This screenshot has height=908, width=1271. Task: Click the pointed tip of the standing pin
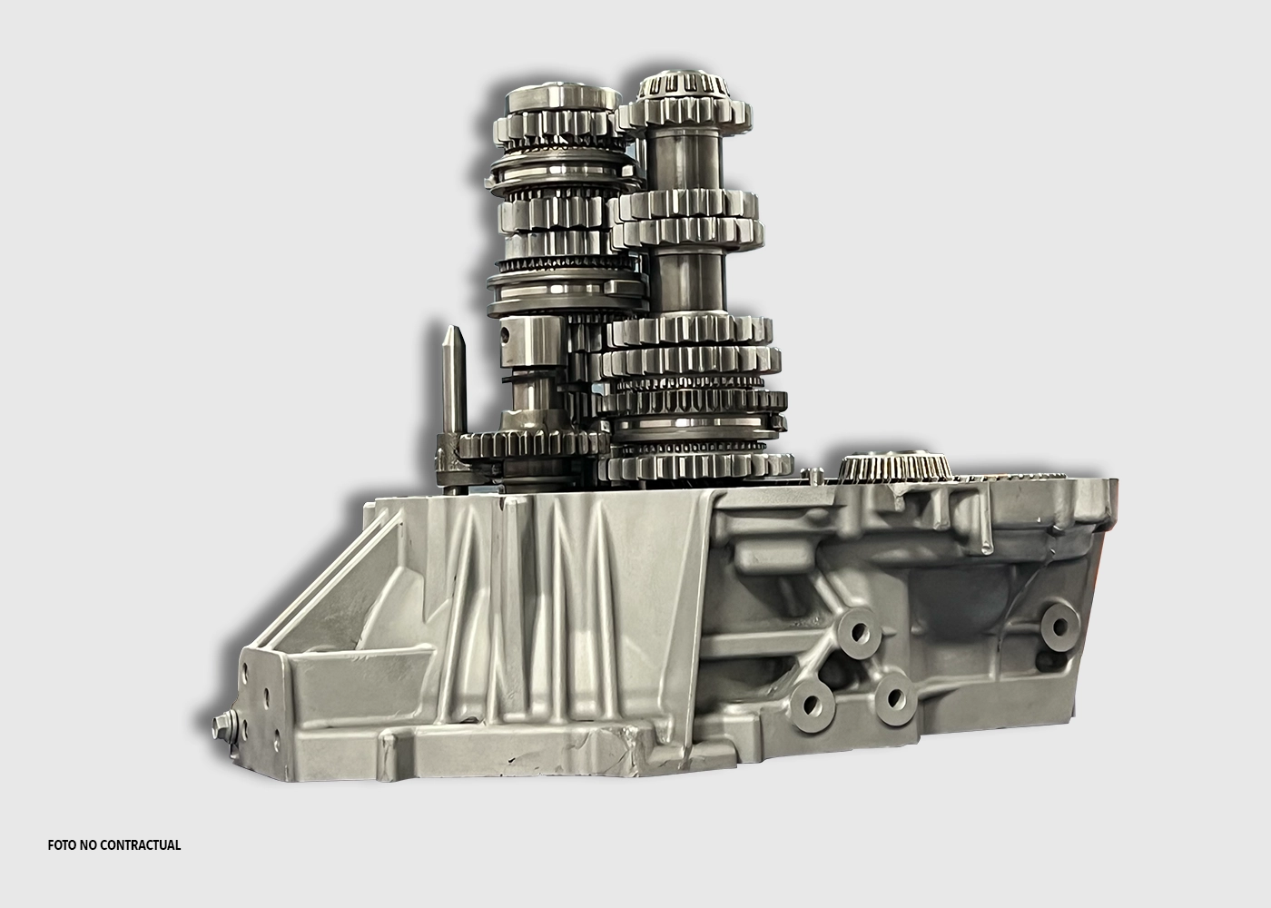453,328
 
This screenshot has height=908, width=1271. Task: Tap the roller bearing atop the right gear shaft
683,85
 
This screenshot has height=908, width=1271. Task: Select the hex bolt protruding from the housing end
222,725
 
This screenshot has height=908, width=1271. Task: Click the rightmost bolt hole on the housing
1060,627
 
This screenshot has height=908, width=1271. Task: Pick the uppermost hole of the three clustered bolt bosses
859,632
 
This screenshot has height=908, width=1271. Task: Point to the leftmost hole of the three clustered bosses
811,706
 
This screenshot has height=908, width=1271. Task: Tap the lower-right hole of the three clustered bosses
894,698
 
